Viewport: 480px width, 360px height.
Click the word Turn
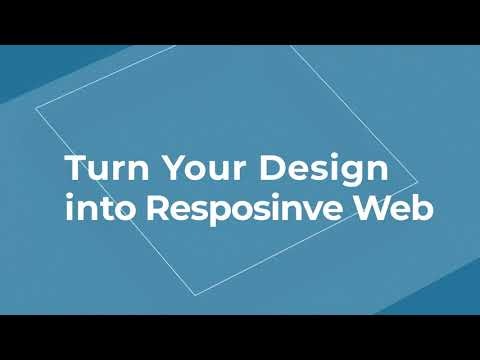point(107,167)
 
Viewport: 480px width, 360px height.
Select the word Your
point(205,167)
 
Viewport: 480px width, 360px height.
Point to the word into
point(100,207)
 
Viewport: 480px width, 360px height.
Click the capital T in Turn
point(77,167)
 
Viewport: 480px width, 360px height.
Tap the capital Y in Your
point(174,168)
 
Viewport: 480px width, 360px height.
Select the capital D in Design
point(272,168)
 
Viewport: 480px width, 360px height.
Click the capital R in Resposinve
point(159,207)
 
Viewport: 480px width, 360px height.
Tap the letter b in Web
point(422,207)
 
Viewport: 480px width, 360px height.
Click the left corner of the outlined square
point(36,108)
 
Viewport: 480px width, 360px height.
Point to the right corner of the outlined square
point(417,182)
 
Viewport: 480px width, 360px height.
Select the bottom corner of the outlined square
point(196,295)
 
